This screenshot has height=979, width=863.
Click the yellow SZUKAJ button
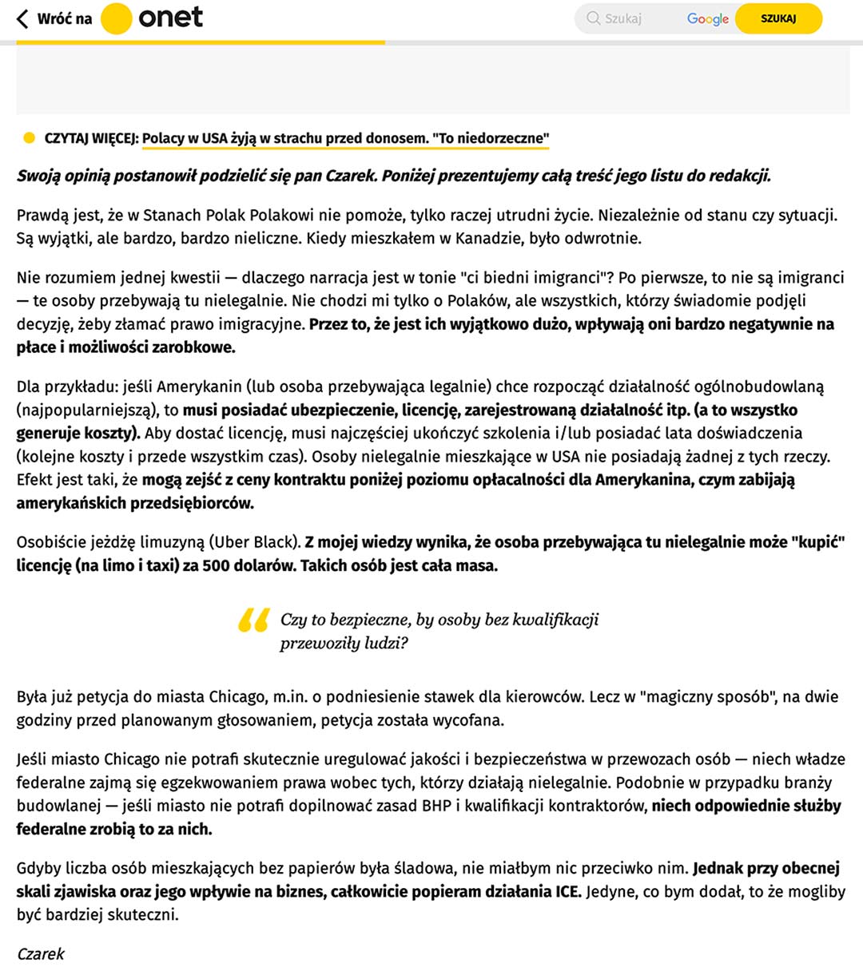[x=777, y=18]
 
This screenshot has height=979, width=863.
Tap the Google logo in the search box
[x=707, y=18]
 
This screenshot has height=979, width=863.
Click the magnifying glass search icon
[x=593, y=18]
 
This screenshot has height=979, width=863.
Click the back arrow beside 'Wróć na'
[x=22, y=18]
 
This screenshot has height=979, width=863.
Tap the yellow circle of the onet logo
[x=117, y=18]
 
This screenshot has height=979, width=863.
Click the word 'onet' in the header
[x=170, y=18]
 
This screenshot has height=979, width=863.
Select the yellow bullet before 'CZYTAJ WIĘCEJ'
[x=29, y=138]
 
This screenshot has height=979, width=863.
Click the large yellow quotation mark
[x=253, y=620]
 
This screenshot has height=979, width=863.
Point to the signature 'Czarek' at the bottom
[x=41, y=953]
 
